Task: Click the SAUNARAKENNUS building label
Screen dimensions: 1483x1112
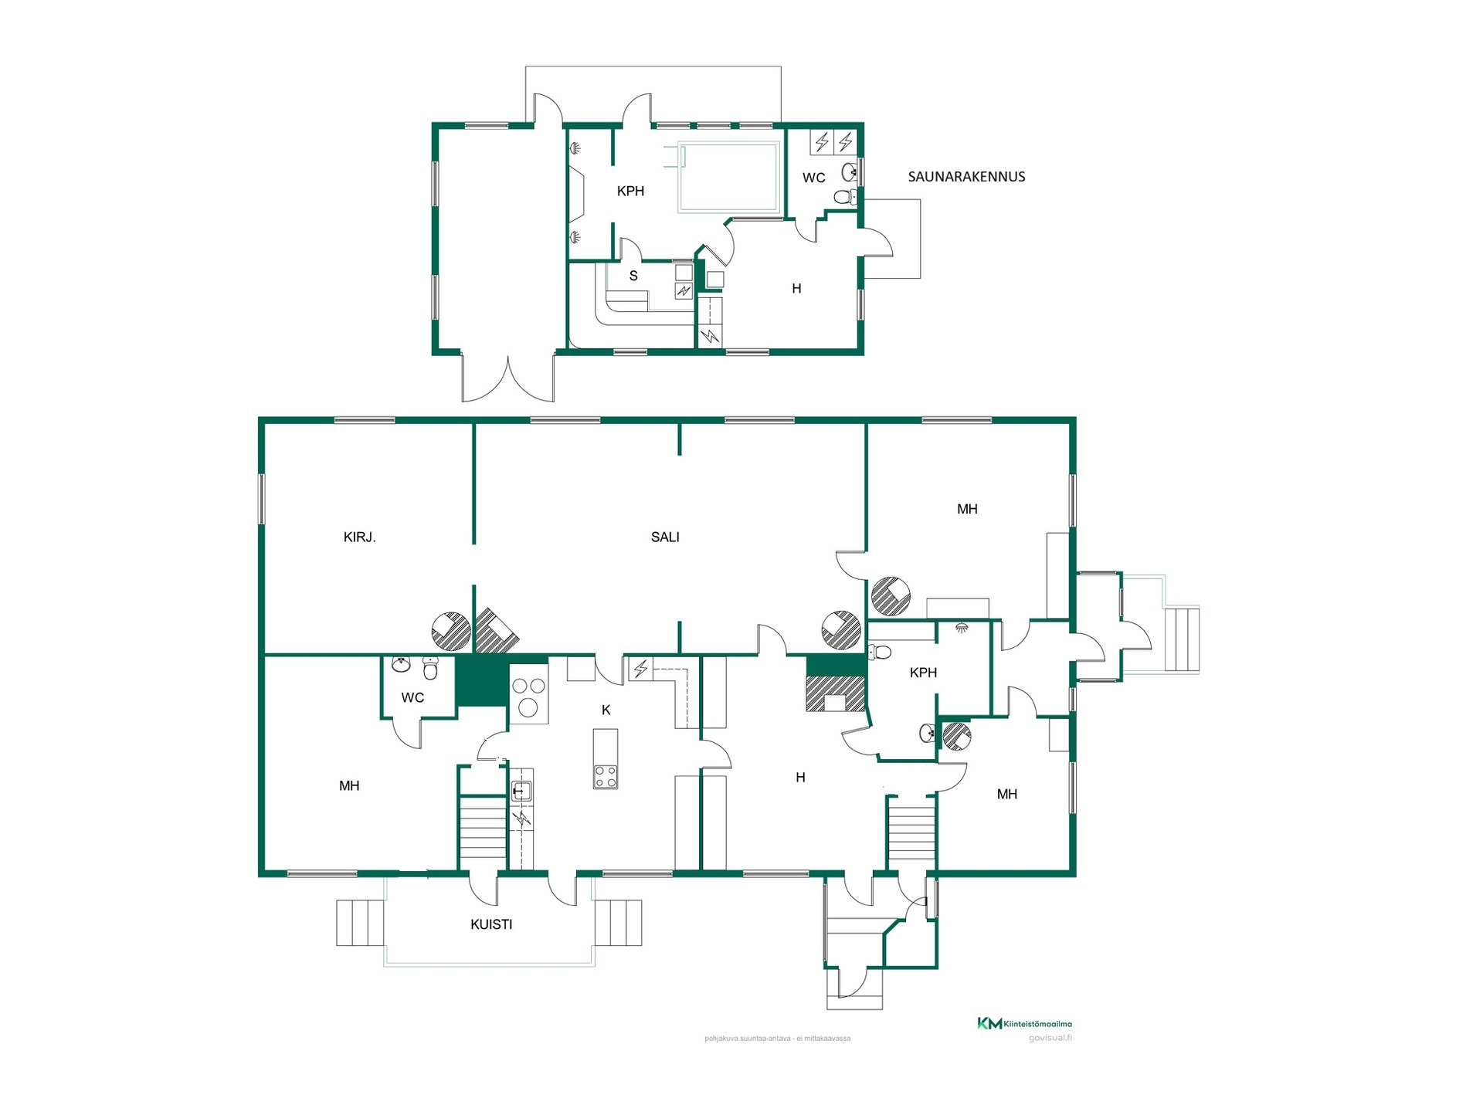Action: tap(966, 177)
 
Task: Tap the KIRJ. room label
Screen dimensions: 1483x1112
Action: tap(359, 537)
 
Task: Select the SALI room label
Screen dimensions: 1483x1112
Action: tap(665, 537)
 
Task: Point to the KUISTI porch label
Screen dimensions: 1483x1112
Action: tap(491, 924)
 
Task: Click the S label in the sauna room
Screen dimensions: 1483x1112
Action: tap(633, 276)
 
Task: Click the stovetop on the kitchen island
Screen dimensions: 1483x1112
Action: tap(606, 776)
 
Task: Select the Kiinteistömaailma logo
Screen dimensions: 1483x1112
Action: tap(1024, 1024)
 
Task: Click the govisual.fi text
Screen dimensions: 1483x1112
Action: tap(1050, 1038)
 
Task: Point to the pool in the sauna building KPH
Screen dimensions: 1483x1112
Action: tap(728, 177)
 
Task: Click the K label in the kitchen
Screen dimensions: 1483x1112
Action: tap(606, 710)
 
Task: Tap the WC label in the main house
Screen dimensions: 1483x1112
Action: tap(412, 698)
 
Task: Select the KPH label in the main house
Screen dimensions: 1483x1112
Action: tap(923, 673)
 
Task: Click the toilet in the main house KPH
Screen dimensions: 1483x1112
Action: tap(880, 653)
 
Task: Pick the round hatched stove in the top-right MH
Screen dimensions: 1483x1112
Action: tap(891, 596)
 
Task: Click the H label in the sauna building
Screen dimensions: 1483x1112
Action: tap(796, 289)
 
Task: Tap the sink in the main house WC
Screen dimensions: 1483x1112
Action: tap(402, 664)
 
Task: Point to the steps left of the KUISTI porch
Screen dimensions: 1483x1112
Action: tap(360, 923)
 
